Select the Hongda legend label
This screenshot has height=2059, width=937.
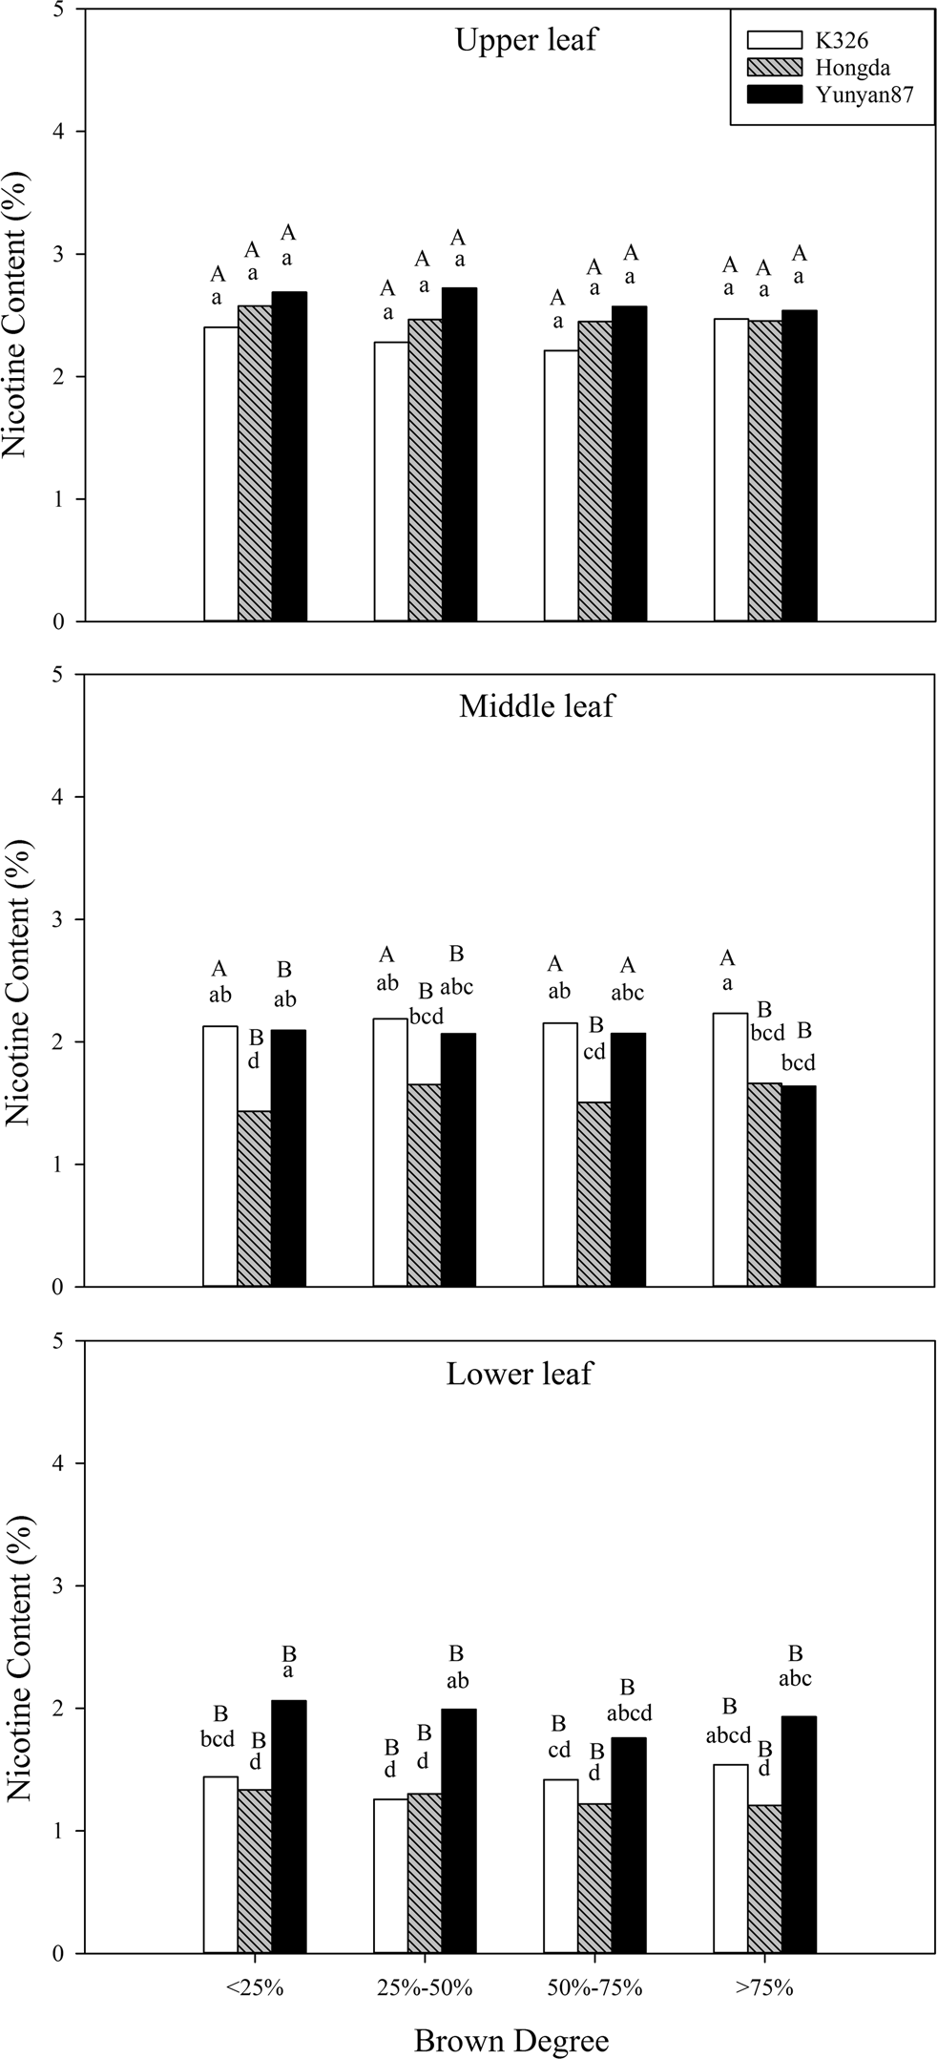[x=852, y=67]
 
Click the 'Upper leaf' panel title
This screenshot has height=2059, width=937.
[x=526, y=41]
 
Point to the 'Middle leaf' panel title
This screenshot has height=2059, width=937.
[x=536, y=706]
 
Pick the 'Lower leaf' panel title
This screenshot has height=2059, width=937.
[x=519, y=1374]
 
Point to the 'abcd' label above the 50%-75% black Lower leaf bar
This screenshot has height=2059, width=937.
[x=627, y=1713]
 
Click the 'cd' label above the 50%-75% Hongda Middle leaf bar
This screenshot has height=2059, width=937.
[x=595, y=1052]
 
